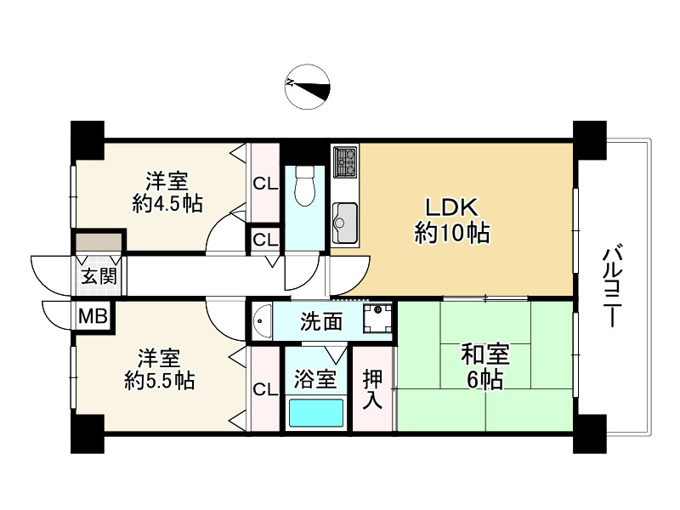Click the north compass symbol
[x=308, y=88]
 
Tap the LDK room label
[x=451, y=207]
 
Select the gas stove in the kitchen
[x=345, y=161]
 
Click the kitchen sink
[x=345, y=223]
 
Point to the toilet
[x=305, y=184]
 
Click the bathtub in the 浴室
[x=316, y=413]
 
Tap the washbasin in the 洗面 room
[x=262, y=321]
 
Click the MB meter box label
[x=93, y=316]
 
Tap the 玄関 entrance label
[x=99, y=276]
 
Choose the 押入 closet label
[x=373, y=389]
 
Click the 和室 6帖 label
[x=485, y=366]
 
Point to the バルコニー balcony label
[x=612, y=286]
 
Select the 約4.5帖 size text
[x=167, y=203]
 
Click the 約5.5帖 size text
[x=160, y=381]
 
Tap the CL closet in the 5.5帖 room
[x=265, y=388]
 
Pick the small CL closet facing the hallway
[x=265, y=239]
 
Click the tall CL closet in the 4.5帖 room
[x=265, y=183]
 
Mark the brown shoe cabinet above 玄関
[x=99, y=242]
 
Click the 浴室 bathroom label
[x=315, y=378]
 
